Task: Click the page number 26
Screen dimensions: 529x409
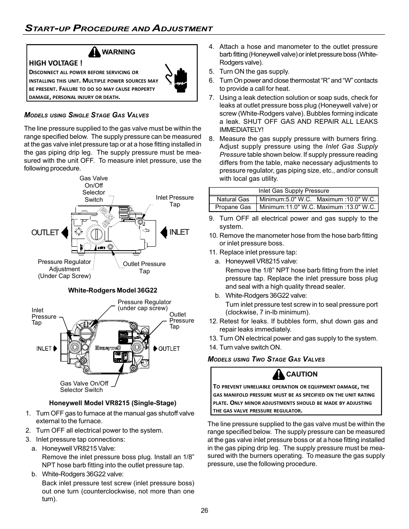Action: [204, 510]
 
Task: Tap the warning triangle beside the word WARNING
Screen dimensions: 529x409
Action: [94, 52]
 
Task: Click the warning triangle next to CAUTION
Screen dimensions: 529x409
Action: [279, 374]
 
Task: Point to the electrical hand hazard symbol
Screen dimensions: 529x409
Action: [176, 75]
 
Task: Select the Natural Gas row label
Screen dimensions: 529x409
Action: [233, 199]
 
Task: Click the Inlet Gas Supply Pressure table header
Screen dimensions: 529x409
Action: [294, 191]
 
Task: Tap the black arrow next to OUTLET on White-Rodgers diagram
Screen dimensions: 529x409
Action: [65, 232]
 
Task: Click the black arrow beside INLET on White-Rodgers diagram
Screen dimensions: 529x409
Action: [163, 232]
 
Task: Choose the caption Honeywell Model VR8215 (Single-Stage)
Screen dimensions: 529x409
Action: [112, 403]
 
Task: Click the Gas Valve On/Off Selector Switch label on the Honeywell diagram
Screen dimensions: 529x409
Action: [84, 386]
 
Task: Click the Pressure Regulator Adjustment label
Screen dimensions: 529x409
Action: [64, 269]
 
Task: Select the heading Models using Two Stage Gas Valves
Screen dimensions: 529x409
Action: [266, 359]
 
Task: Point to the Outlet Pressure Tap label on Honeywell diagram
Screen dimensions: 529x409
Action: [181, 320]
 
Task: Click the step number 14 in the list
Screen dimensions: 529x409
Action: [213, 347]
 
